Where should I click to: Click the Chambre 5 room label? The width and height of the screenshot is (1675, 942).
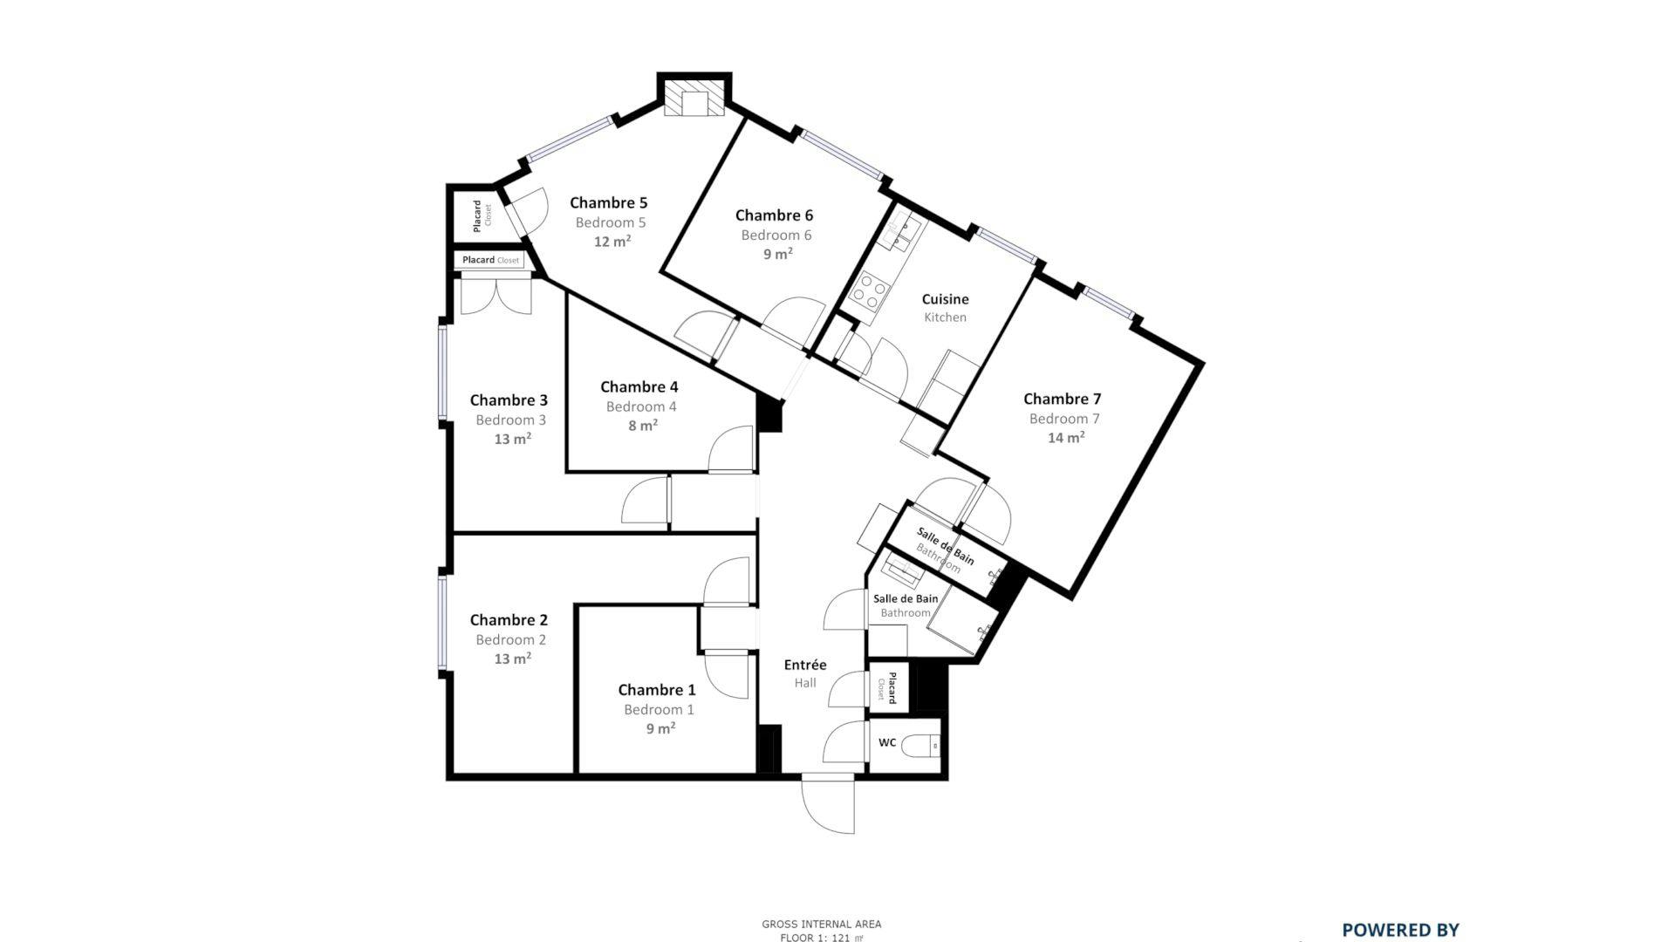click(608, 202)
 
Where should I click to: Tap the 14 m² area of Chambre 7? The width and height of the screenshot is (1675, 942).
click(1066, 437)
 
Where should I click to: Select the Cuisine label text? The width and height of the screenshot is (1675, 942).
click(945, 299)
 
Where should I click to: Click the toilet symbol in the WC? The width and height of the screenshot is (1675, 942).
click(920, 746)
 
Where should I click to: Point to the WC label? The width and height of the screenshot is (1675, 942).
click(887, 743)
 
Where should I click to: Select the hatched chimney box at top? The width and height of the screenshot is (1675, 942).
click(694, 98)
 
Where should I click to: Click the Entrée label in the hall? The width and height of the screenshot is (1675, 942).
click(805, 665)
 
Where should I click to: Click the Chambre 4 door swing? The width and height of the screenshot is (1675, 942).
click(731, 449)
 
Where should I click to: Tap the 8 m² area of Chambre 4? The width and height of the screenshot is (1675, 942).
click(643, 426)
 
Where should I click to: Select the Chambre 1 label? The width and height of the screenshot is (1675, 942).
click(657, 690)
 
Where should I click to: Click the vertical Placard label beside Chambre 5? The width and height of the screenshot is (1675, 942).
click(477, 215)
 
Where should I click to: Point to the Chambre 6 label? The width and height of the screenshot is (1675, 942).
click(774, 215)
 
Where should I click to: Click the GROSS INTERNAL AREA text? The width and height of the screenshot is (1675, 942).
click(822, 925)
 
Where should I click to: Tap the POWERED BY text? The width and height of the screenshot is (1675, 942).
click(1400, 930)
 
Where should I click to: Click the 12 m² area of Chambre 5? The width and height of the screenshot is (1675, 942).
click(612, 242)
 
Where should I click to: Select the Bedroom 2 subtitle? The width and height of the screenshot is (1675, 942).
click(511, 640)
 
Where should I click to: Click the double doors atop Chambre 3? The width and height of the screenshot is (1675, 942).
click(496, 295)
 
